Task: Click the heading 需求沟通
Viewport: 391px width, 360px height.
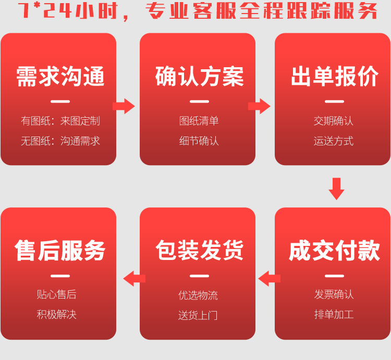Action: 60,77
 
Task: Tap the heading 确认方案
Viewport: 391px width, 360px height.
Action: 199,77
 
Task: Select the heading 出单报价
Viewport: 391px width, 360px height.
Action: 334,77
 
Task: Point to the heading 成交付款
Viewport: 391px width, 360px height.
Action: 334,251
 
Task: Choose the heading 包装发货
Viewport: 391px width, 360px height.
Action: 199,251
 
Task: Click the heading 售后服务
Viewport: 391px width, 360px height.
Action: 60,251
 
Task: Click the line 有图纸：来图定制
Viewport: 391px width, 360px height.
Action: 60,121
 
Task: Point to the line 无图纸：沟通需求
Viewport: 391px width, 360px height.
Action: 60,141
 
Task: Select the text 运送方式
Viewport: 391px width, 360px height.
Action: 334,141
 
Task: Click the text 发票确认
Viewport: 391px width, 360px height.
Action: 334,294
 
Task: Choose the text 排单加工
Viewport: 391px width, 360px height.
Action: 334,314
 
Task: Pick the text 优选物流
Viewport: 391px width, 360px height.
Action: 198,295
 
